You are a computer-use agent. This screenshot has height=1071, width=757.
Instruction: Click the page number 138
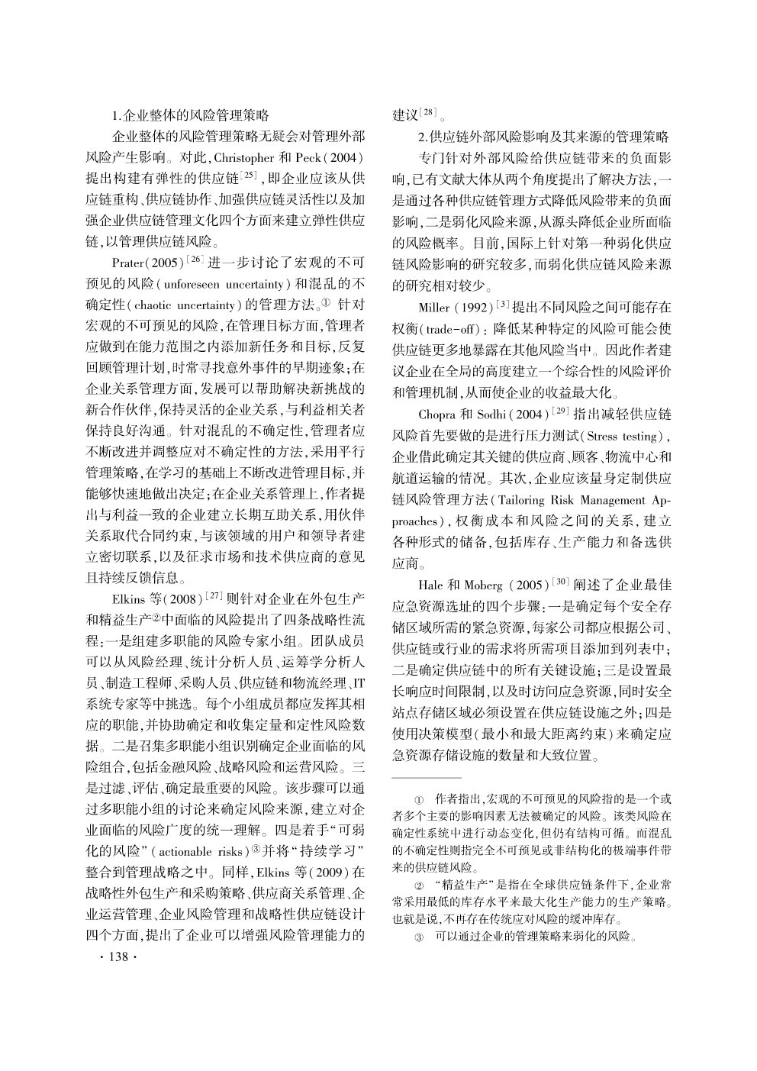tap(117, 957)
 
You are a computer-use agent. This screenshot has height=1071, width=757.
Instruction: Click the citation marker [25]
tap(249, 176)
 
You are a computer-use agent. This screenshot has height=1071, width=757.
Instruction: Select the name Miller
tap(434, 308)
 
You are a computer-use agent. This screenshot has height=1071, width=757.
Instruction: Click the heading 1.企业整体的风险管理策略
tap(190, 117)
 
